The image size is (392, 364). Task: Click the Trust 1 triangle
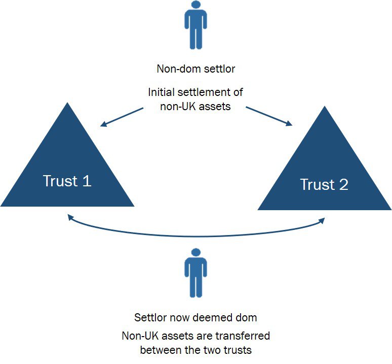pos(67,173)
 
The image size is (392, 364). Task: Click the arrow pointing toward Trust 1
pos(122,117)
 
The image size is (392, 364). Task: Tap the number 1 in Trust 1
pos(87,181)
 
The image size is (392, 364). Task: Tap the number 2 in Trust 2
pos(343,184)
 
